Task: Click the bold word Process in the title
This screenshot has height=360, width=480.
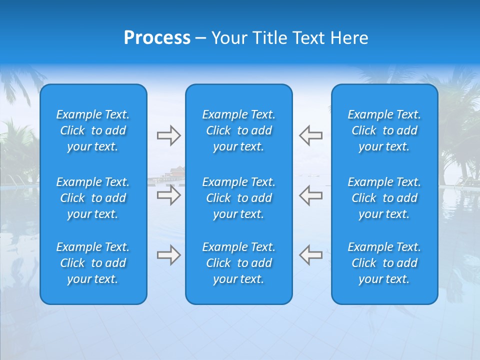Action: [157, 38]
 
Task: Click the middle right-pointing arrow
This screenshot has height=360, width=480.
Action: [168, 195]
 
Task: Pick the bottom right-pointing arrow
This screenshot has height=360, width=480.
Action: [168, 255]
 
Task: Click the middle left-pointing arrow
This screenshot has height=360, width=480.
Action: [310, 195]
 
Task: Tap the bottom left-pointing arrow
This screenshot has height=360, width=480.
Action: [310, 255]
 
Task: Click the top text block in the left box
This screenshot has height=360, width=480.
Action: [93, 130]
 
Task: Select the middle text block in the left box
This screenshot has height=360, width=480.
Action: [93, 198]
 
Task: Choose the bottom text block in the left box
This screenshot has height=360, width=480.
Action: [93, 263]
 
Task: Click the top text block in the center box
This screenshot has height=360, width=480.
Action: [238, 130]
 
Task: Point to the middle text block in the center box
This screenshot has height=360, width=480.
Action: [238, 198]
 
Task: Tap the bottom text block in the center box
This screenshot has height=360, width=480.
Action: [238, 263]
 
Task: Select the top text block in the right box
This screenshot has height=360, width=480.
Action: [384, 130]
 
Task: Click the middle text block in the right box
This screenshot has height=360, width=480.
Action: [384, 198]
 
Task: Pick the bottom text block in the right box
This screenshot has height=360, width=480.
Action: [384, 263]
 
